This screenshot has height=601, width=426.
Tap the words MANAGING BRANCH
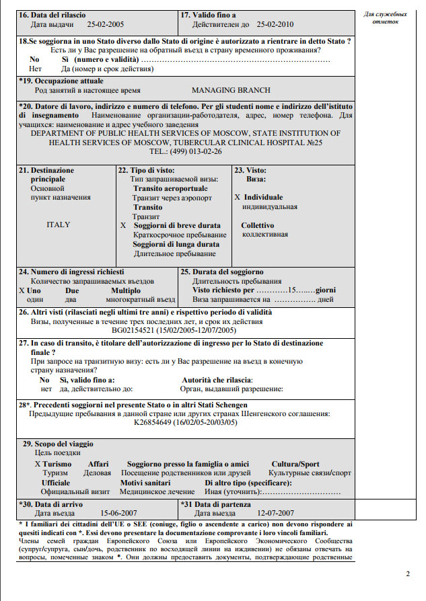[x=231, y=90]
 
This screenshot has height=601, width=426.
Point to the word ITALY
[x=58, y=225]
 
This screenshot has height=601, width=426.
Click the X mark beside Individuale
[x=237, y=198]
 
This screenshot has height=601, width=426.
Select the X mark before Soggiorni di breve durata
[x=123, y=226]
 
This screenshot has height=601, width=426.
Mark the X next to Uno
[x=22, y=290]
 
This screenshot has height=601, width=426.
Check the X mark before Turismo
[x=37, y=464]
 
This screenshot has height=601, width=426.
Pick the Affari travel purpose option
[x=98, y=464]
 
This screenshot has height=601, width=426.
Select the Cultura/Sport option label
[x=295, y=464]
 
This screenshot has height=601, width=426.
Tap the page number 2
[x=407, y=573]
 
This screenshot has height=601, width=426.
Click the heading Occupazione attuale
[x=65, y=81]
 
